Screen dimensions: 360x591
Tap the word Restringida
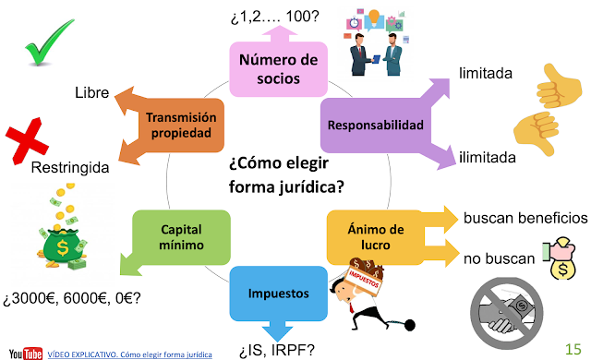(x=69, y=169)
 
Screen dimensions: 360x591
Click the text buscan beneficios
(x=525, y=218)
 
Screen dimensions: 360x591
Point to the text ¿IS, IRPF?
(x=277, y=349)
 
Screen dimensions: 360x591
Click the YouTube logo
(x=25, y=352)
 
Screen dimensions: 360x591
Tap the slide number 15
(x=573, y=346)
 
